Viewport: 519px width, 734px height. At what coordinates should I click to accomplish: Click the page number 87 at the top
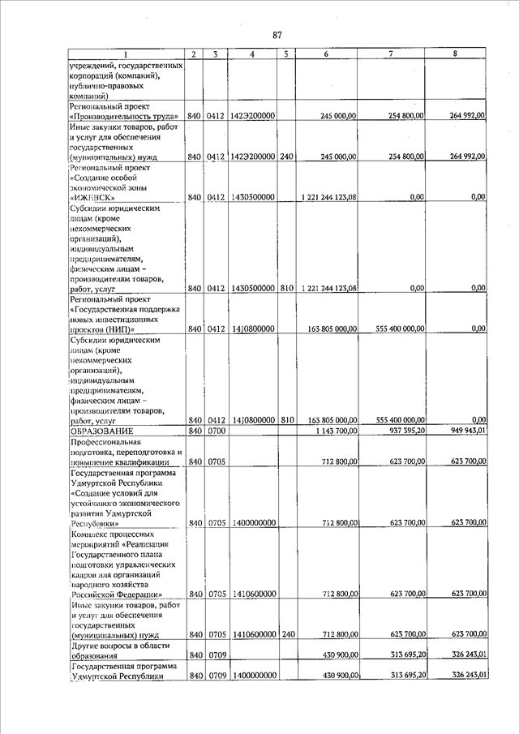click(277, 35)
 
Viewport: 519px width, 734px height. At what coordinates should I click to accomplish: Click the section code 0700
click(215, 431)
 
